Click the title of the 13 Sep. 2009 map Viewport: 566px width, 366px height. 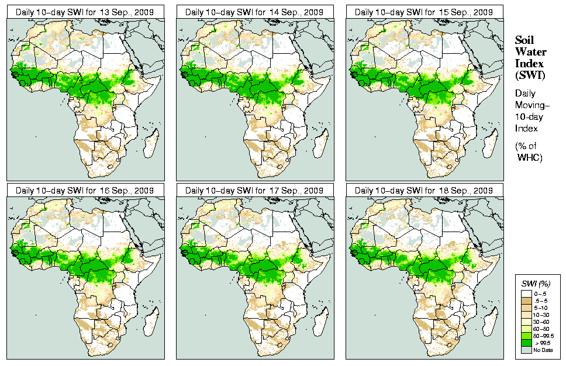point(85,12)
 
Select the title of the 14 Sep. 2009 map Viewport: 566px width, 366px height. point(254,12)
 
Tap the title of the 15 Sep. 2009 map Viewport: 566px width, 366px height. point(424,12)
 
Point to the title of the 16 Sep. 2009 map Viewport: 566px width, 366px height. point(85,191)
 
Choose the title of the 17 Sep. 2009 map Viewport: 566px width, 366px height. point(254,191)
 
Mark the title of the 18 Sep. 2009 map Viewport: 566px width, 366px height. point(424,191)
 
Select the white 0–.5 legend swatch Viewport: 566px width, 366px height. point(527,292)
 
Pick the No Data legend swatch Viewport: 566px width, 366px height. point(527,350)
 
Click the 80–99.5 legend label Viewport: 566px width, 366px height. point(544,335)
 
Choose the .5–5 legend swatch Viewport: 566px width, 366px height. point(527,299)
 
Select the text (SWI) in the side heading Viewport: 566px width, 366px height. point(530,75)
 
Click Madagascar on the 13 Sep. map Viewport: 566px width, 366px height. point(151,144)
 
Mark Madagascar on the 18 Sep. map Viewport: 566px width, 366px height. point(490,323)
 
